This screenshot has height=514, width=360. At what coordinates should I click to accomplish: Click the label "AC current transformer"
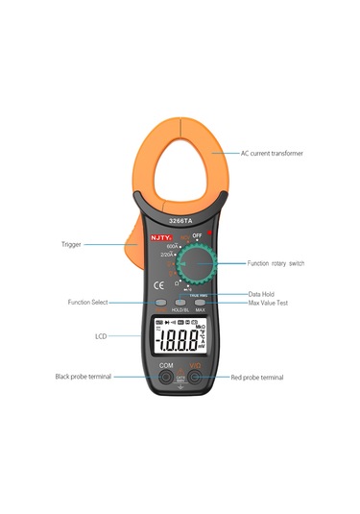(271, 153)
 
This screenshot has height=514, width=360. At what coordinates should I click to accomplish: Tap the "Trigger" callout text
(70, 244)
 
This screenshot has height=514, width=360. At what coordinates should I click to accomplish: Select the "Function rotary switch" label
(276, 262)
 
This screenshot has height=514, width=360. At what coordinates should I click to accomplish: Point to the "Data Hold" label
(263, 294)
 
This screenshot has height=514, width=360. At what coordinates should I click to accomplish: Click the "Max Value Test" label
(269, 303)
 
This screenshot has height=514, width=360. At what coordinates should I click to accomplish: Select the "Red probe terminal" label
(257, 378)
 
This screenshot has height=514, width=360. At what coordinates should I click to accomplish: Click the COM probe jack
(165, 378)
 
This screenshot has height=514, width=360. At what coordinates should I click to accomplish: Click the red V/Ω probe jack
(196, 378)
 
